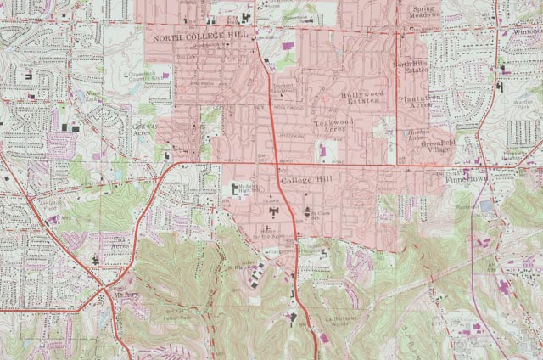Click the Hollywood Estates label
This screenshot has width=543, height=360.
tap(363, 98)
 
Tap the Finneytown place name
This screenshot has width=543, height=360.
tap(462, 181)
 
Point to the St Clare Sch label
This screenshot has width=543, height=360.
tap(319, 214)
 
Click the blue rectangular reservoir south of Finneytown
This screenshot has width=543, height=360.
tap(485, 206)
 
